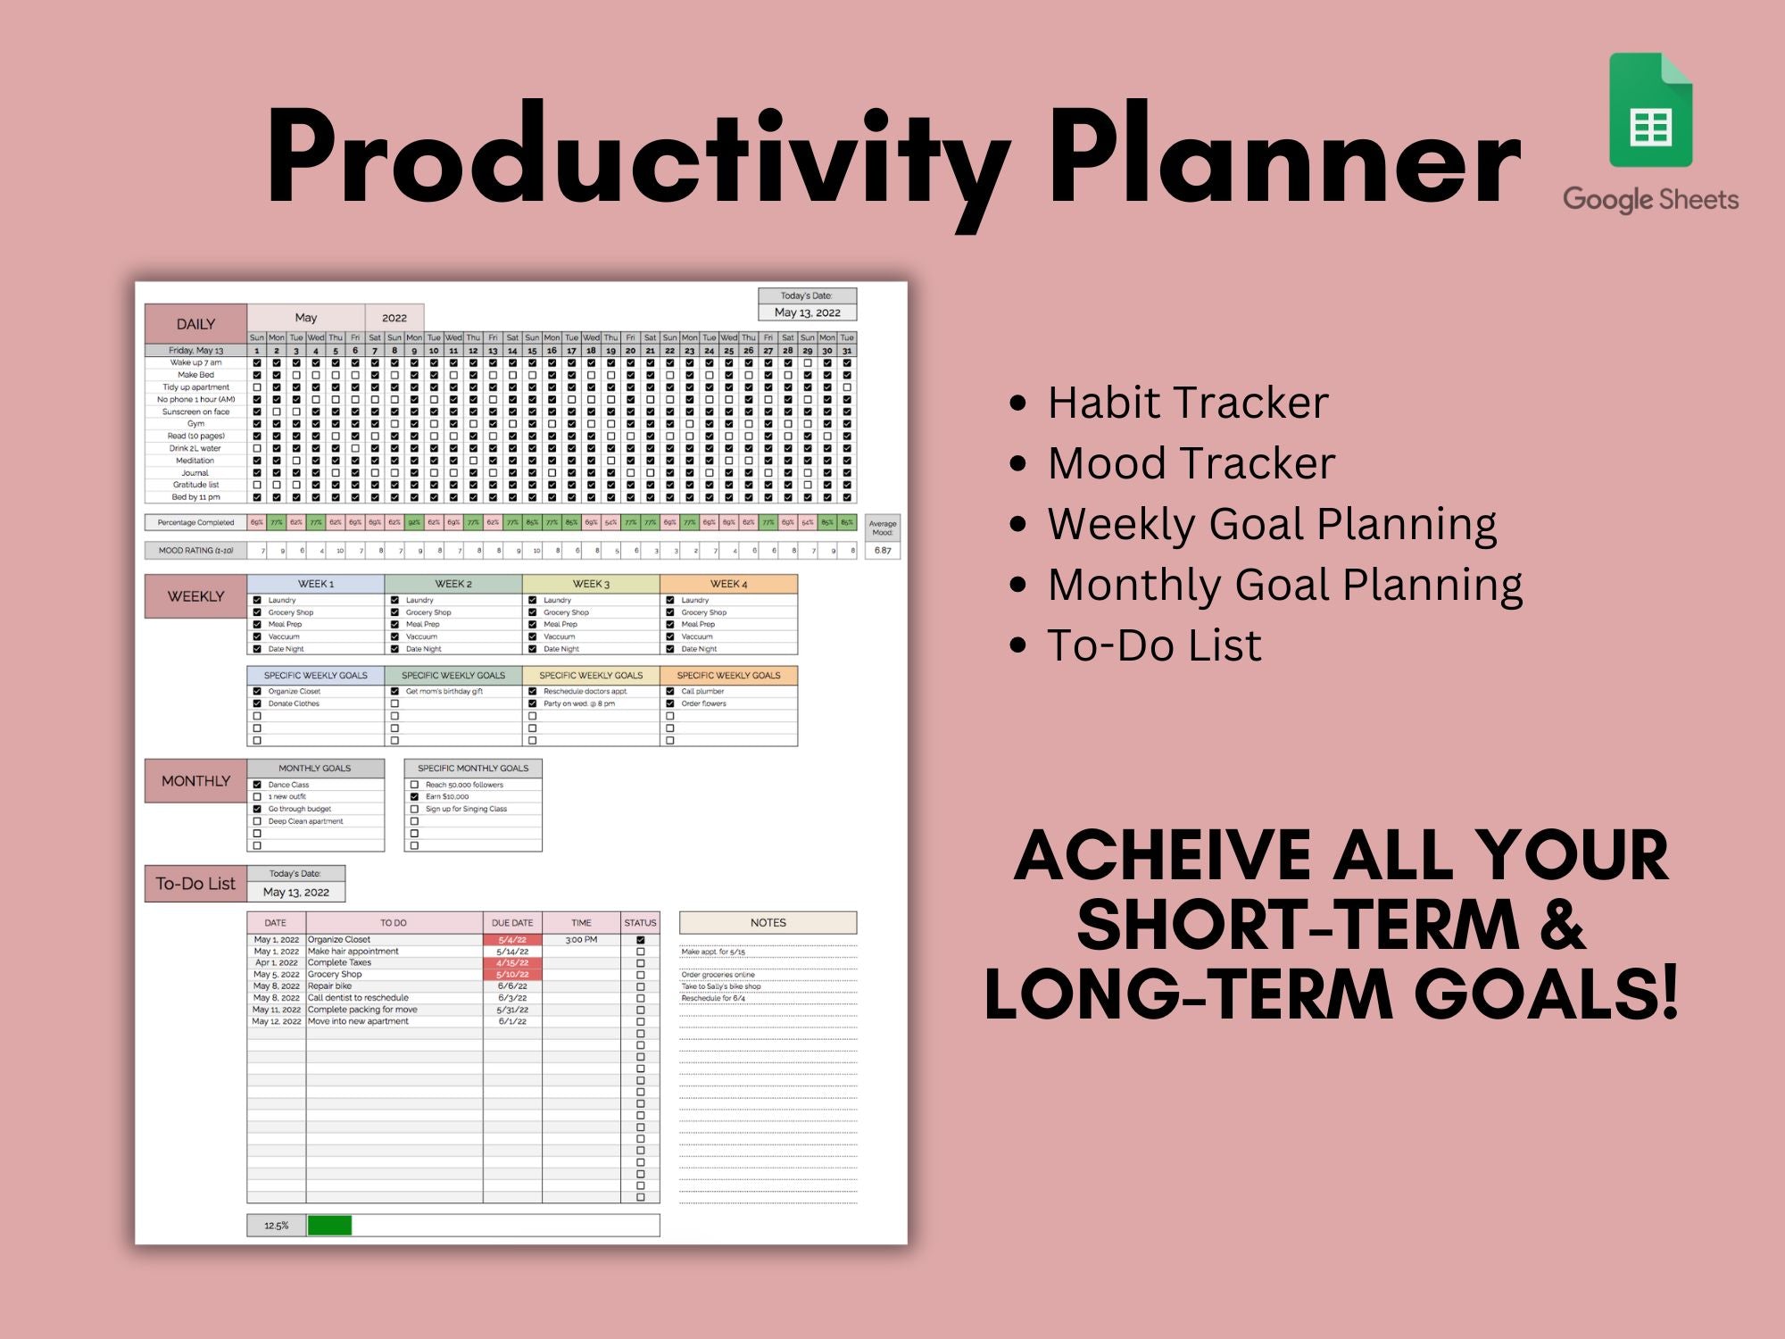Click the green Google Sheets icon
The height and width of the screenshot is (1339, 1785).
click(x=1650, y=111)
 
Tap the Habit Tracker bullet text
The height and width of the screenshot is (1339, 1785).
click(x=1187, y=403)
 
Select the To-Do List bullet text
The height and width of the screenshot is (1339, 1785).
click(x=1154, y=645)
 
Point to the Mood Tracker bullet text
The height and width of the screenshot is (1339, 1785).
click(x=1191, y=463)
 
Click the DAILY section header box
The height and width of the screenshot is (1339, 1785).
click(x=195, y=324)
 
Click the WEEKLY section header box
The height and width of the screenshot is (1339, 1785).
click(x=195, y=596)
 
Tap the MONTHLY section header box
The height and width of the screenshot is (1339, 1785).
click(x=195, y=781)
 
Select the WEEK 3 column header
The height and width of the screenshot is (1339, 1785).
click(x=591, y=584)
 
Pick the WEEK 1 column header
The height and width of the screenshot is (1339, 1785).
click(x=315, y=584)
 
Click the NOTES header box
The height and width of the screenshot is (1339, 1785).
click(x=768, y=922)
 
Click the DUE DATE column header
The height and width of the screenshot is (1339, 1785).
click(x=512, y=923)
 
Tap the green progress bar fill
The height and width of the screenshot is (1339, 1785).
click(x=329, y=1226)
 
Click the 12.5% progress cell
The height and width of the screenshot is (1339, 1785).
click(x=277, y=1226)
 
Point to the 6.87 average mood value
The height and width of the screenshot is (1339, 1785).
click(x=883, y=551)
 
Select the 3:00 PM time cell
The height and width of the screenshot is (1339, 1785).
click(x=581, y=940)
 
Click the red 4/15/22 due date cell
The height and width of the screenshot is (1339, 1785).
click(x=512, y=963)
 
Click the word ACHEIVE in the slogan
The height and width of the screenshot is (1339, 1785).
click(x=1163, y=857)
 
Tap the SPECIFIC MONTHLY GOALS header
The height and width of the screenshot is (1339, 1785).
click(x=473, y=768)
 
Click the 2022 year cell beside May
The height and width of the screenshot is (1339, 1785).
click(x=394, y=318)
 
